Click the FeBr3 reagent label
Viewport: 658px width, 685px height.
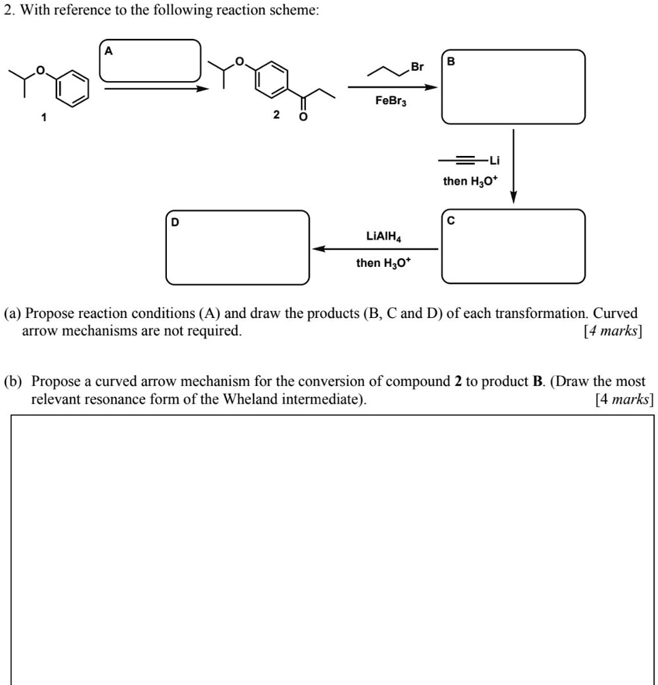pyautogui.click(x=390, y=101)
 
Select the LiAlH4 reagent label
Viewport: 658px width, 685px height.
pyautogui.click(x=383, y=236)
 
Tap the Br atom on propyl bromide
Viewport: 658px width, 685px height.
pyautogui.click(x=417, y=67)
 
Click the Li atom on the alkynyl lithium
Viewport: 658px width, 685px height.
pyautogui.click(x=494, y=161)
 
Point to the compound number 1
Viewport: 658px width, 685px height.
pyautogui.click(x=44, y=117)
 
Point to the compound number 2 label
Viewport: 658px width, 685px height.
pyautogui.click(x=275, y=115)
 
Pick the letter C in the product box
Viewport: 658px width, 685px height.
pyautogui.click(x=451, y=220)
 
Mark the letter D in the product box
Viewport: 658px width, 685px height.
pyautogui.click(x=175, y=221)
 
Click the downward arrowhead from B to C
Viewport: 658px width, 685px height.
pyautogui.click(x=514, y=197)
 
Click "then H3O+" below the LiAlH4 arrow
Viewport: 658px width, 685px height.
pyautogui.click(x=383, y=263)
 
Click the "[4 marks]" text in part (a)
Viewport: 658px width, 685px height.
pyautogui.click(x=612, y=332)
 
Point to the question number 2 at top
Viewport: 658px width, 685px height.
pyautogui.click(x=9, y=12)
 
